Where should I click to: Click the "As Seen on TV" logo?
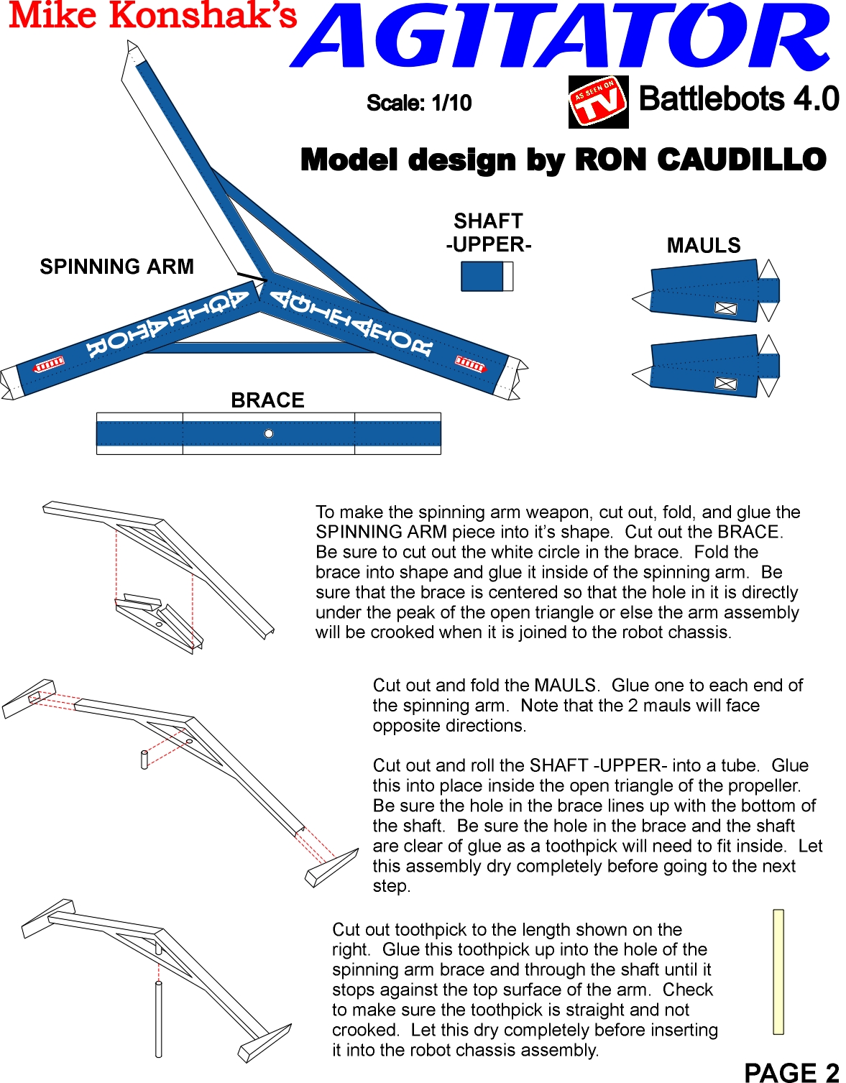coord(598,102)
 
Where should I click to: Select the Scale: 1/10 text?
coord(419,103)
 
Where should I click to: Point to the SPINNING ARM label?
coord(116,267)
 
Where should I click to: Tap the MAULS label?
coord(703,246)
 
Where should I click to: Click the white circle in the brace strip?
coord(269,433)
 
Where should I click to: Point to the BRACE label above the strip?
coord(267,400)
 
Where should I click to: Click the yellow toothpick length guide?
coord(778,972)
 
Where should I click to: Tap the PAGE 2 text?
coord(791,1072)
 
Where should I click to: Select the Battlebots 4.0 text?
coord(738,99)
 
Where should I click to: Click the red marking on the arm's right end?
coord(470,364)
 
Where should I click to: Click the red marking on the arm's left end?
coord(50,364)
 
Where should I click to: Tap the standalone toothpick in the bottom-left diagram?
coord(158,1019)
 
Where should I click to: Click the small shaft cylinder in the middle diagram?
coord(144,760)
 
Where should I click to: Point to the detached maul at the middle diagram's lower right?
coord(331,867)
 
